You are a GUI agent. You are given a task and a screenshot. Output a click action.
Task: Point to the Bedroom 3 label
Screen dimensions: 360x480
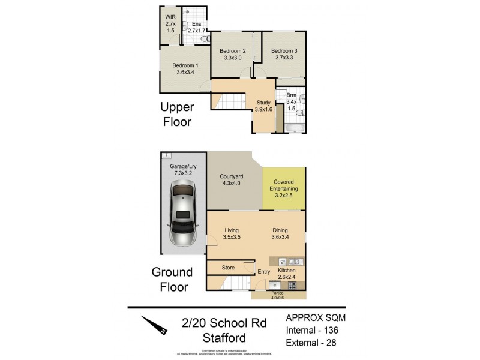click(284, 55)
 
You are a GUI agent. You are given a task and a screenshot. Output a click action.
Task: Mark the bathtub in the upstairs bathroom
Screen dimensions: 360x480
click(295, 128)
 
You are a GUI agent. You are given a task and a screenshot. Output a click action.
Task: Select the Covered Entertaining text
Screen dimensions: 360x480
click(284, 187)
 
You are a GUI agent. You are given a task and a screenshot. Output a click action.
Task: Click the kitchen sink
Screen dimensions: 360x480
click(295, 262)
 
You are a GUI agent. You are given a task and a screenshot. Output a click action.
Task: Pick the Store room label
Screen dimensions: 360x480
click(227, 268)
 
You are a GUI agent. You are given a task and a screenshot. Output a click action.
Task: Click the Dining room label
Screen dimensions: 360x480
click(280, 233)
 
